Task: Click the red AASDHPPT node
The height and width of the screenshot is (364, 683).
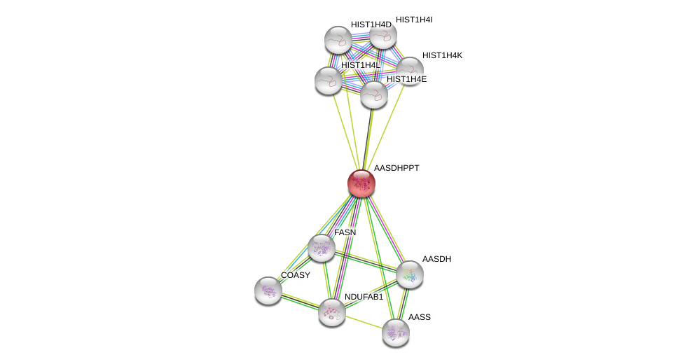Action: pyautogui.click(x=361, y=183)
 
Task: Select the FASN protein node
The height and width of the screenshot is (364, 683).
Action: pyautogui.click(x=322, y=248)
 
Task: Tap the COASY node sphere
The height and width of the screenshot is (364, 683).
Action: pyautogui.click(x=268, y=290)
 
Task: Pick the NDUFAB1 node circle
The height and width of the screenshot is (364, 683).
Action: pyautogui.click(x=332, y=312)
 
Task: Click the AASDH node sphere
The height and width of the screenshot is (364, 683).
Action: pyautogui.click(x=410, y=274)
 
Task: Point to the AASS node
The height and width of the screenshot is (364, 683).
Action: pyautogui.click(x=396, y=332)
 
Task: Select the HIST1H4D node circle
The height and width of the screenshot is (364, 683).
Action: pyautogui.click(x=338, y=40)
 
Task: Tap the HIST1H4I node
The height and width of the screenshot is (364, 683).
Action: pyautogui.click(x=383, y=35)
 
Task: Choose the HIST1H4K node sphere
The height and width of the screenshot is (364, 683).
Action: pyautogui.click(x=411, y=70)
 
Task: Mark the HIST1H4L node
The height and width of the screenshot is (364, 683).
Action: pyautogui.click(x=329, y=80)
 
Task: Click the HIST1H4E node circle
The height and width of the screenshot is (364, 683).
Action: pyautogui.click(x=374, y=94)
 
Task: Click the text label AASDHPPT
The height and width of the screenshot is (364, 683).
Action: pyautogui.click(x=396, y=168)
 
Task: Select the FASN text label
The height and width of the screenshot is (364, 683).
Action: pyautogui.click(x=345, y=232)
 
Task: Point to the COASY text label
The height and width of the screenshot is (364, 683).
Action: pyautogui.click(x=295, y=275)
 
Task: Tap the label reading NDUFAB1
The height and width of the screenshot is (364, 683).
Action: pyautogui.click(x=364, y=297)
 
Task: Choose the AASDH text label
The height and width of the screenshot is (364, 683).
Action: pyautogui.click(x=436, y=259)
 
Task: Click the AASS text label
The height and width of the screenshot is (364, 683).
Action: pyautogui.click(x=420, y=317)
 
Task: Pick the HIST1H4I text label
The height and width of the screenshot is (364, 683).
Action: pyautogui.click(x=414, y=20)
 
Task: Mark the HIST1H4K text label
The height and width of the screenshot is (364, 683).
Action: pyautogui.click(x=442, y=55)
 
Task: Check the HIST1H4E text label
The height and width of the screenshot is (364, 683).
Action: pyautogui.click(x=406, y=79)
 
